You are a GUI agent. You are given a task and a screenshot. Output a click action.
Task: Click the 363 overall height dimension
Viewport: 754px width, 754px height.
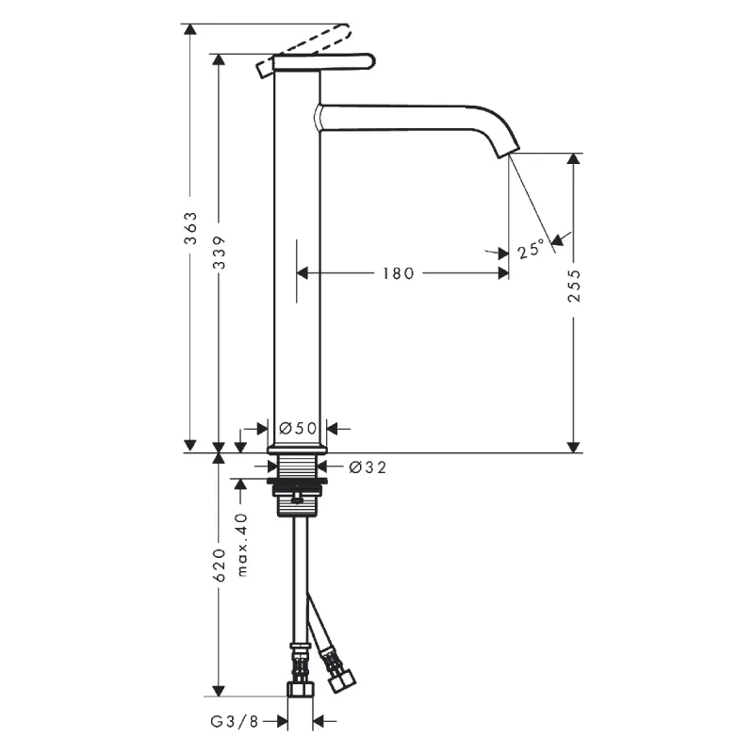click(190, 230)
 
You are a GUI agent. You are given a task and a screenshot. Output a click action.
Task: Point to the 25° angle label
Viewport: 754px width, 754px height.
click(531, 250)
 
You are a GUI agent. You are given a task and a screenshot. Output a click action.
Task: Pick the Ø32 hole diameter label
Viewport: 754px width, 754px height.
click(368, 466)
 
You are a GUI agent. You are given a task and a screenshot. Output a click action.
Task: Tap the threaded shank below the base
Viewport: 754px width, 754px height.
click(298, 466)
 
